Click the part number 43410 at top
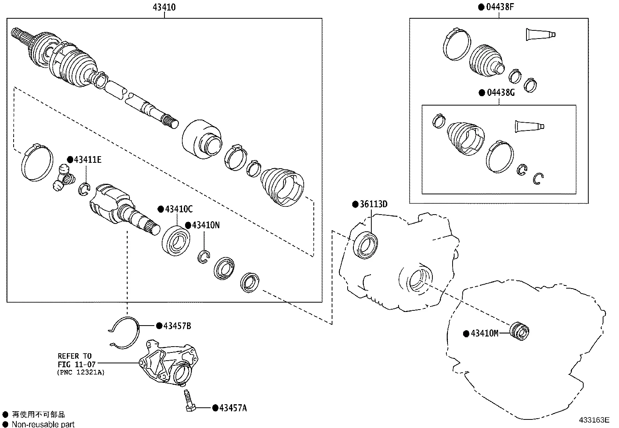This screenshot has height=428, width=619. pyautogui.click(x=165, y=7)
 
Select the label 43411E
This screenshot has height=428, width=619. pyautogui.click(x=87, y=159)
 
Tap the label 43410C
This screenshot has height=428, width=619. pyautogui.click(x=178, y=209)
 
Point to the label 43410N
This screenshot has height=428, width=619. pyautogui.click(x=205, y=225)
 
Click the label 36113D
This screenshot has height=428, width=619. pyautogui.click(x=373, y=204)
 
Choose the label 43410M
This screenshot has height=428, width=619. pyautogui.click(x=484, y=333)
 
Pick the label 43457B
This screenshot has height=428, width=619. pyautogui.click(x=177, y=326)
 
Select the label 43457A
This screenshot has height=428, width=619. pyautogui.click(x=233, y=408)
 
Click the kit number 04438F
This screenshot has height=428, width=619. pyautogui.click(x=500, y=7)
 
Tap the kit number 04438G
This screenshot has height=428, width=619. pyautogui.click(x=500, y=93)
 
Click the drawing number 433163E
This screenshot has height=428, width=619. pyautogui.click(x=594, y=420)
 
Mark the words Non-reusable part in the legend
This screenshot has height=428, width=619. pyautogui.click(x=43, y=424)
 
